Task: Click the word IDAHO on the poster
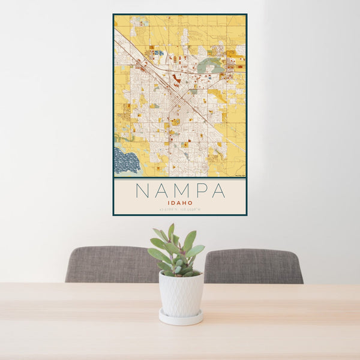(180, 203)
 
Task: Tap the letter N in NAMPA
(142, 190)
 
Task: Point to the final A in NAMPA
(219, 190)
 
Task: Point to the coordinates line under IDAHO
(180, 209)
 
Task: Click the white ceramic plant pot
(181, 293)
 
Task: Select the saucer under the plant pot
(181, 317)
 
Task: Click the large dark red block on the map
(176, 79)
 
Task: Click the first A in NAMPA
(161, 190)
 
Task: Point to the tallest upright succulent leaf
(171, 232)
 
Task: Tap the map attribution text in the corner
(240, 175)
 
